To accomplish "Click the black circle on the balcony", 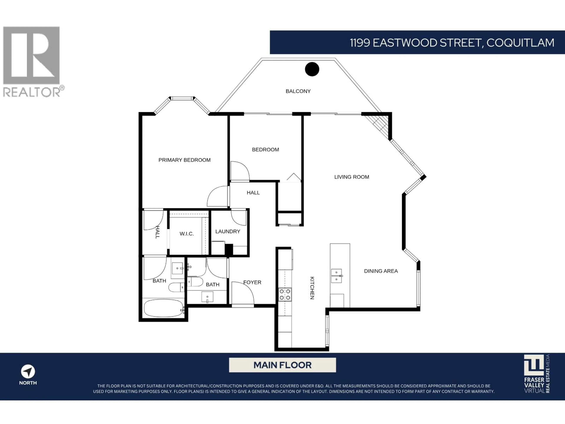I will pos(312,69).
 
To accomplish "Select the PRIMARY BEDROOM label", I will pos(184,160).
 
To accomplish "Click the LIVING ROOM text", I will pos(352,177).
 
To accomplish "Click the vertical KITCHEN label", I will pos(312,288).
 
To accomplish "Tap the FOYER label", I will pos(252,282).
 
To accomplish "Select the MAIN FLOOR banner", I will pos(282,365).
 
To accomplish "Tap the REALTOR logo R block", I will pos(31,55).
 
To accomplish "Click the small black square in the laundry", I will pos(229,249).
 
